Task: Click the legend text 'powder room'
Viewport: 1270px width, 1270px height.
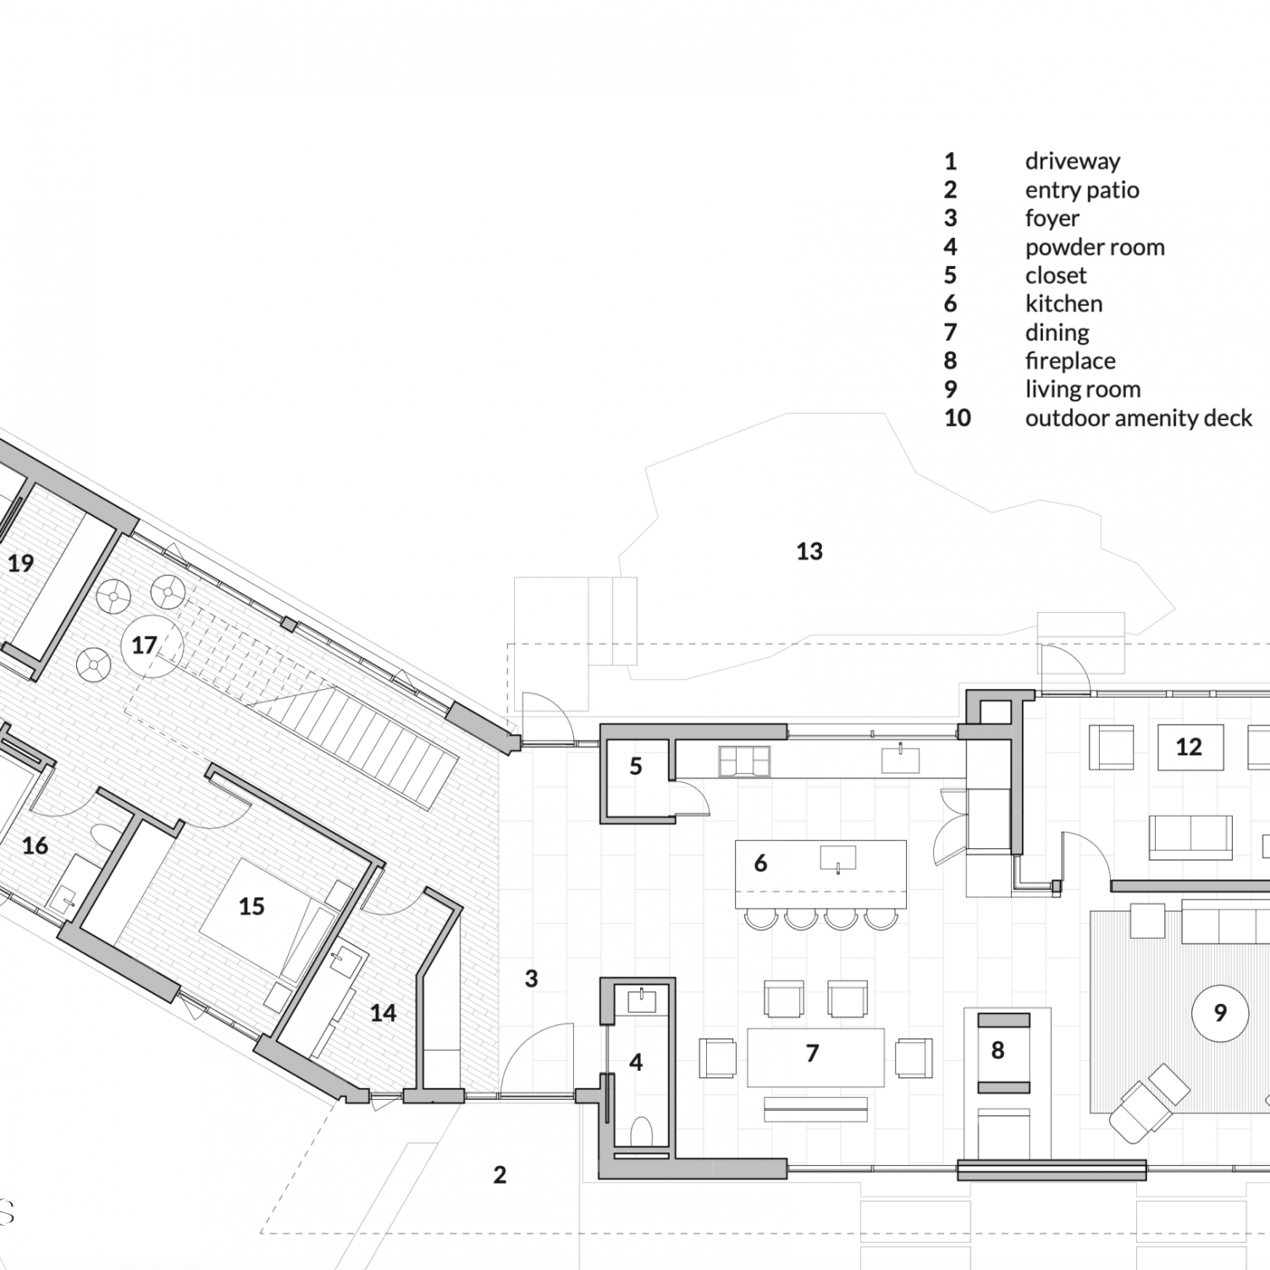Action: click(1095, 247)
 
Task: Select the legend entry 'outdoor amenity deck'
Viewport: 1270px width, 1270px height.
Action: click(1139, 418)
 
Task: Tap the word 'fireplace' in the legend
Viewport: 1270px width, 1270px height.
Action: click(1070, 361)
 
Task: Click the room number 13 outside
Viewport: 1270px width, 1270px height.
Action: click(809, 551)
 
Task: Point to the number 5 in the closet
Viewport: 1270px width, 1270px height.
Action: click(636, 766)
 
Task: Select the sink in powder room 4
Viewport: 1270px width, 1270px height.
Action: click(642, 1000)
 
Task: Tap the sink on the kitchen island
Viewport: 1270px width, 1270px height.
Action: click(837, 859)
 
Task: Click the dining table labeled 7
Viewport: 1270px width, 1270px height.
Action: click(815, 1057)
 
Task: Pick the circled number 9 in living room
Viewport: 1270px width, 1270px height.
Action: click(1220, 1013)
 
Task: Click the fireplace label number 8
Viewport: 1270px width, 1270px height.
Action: click(997, 1051)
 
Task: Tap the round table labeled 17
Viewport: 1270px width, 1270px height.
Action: click(152, 646)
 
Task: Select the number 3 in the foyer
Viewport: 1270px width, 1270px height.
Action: click(531, 979)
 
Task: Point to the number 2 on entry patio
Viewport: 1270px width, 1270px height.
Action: click(500, 1174)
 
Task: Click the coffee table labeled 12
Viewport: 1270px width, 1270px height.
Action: click(1190, 747)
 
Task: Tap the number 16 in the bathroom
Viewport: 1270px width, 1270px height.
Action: click(35, 845)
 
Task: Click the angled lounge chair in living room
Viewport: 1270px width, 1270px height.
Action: click(1150, 1102)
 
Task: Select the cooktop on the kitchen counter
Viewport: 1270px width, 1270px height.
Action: click(744, 761)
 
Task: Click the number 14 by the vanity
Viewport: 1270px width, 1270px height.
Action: click(383, 1013)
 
